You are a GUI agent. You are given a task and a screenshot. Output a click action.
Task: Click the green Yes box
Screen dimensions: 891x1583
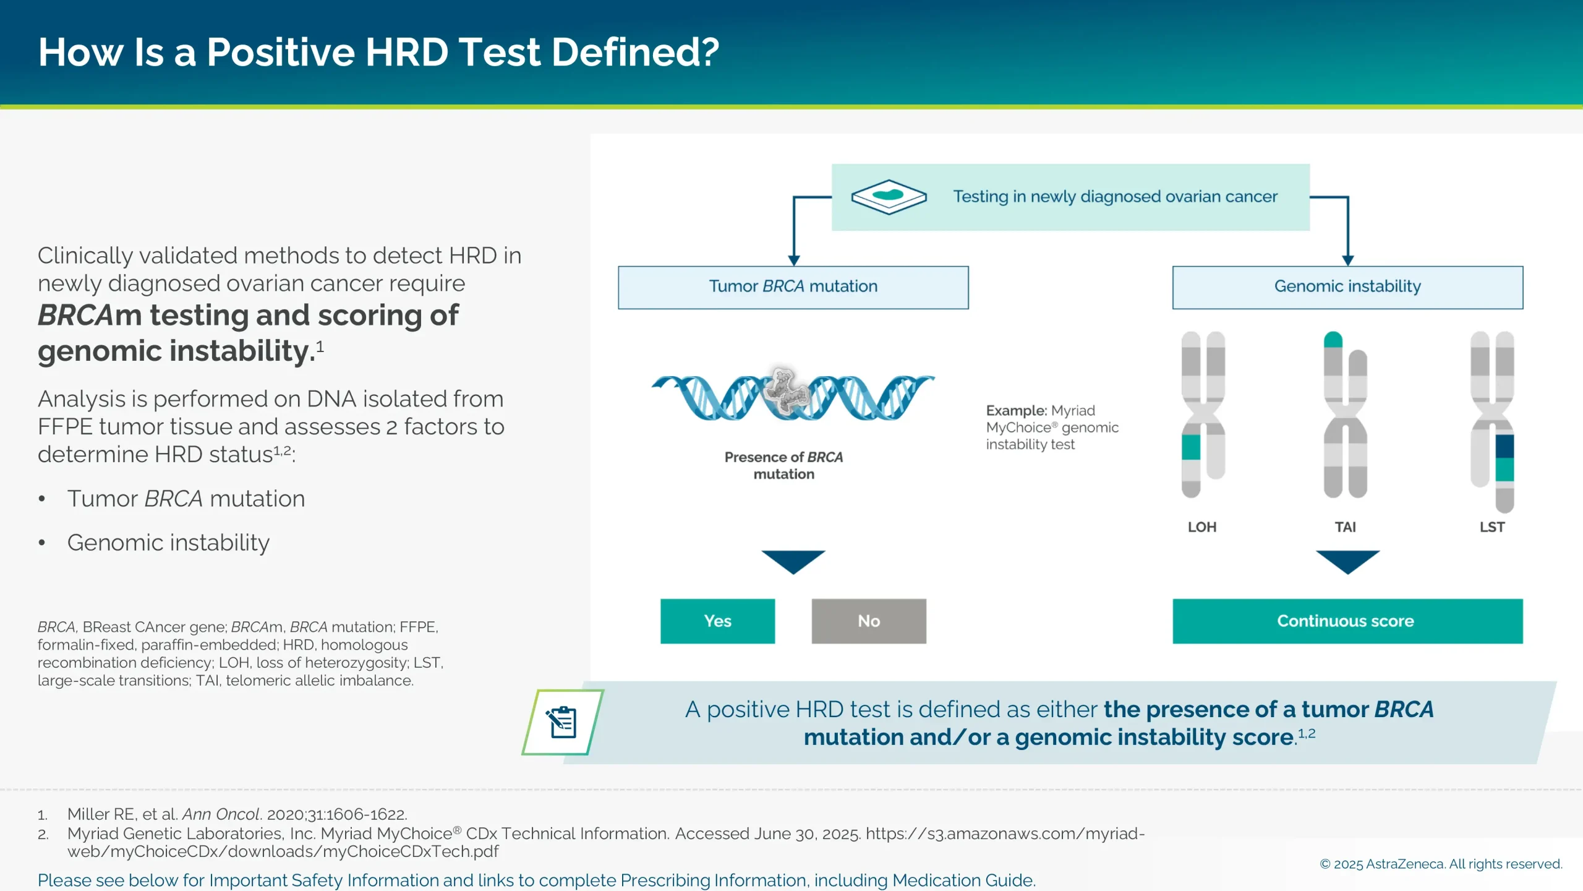click(x=717, y=621)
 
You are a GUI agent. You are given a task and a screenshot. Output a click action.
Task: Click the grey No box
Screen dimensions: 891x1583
click(x=868, y=621)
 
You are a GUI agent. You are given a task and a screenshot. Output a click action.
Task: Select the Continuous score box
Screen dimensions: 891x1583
click(x=1347, y=621)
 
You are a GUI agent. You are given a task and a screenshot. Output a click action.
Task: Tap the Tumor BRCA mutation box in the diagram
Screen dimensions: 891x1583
click(x=793, y=287)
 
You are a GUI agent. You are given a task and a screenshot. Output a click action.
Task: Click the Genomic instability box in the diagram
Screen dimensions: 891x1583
click(x=1347, y=287)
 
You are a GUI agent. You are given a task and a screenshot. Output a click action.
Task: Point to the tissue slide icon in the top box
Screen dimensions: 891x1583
click(x=889, y=197)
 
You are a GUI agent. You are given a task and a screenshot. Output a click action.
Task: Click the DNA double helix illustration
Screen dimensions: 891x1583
click(x=793, y=397)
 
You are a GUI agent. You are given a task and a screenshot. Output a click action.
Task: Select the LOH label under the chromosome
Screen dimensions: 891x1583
click(x=1201, y=527)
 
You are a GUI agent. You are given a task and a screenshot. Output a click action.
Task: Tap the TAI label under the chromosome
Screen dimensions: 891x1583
click(x=1345, y=527)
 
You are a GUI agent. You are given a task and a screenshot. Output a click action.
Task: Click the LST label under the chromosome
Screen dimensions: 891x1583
click(x=1491, y=527)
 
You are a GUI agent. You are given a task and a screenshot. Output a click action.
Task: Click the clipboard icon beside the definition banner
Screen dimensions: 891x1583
click(x=561, y=722)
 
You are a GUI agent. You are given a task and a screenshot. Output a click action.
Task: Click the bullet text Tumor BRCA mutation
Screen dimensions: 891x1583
click(x=186, y=499)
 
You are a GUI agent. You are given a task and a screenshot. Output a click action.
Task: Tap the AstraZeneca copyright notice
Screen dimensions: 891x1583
click(x=1441, y=864)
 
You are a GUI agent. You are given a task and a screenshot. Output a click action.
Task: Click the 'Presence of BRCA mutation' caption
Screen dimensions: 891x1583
click(x=783, y=465)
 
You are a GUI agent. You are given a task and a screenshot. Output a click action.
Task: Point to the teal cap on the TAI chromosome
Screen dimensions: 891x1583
click(x=1333, y=340)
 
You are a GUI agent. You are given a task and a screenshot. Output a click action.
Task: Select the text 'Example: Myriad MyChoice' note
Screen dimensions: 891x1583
click(x=1051, y=427)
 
